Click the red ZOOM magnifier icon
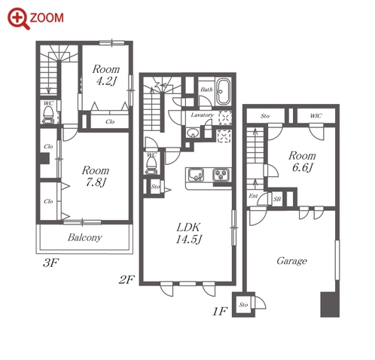(19, 19)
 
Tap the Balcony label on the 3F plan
(85, 237)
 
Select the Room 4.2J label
(106, 75)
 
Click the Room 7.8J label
(96, 176)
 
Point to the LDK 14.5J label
(189, 233)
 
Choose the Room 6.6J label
(302, 161)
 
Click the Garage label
(291, 261)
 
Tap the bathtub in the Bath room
(224, 92)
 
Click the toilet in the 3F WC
(49, 114)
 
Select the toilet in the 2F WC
(151, 165)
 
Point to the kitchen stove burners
(221, 175)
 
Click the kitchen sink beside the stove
(196, 175)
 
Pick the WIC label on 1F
(316, 116)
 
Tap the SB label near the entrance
(277, 199)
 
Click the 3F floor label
(50, 263)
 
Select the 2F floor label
(127, 279)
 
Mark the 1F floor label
(220, 311)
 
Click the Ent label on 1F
(253, 196)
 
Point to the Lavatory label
(202, 115)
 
